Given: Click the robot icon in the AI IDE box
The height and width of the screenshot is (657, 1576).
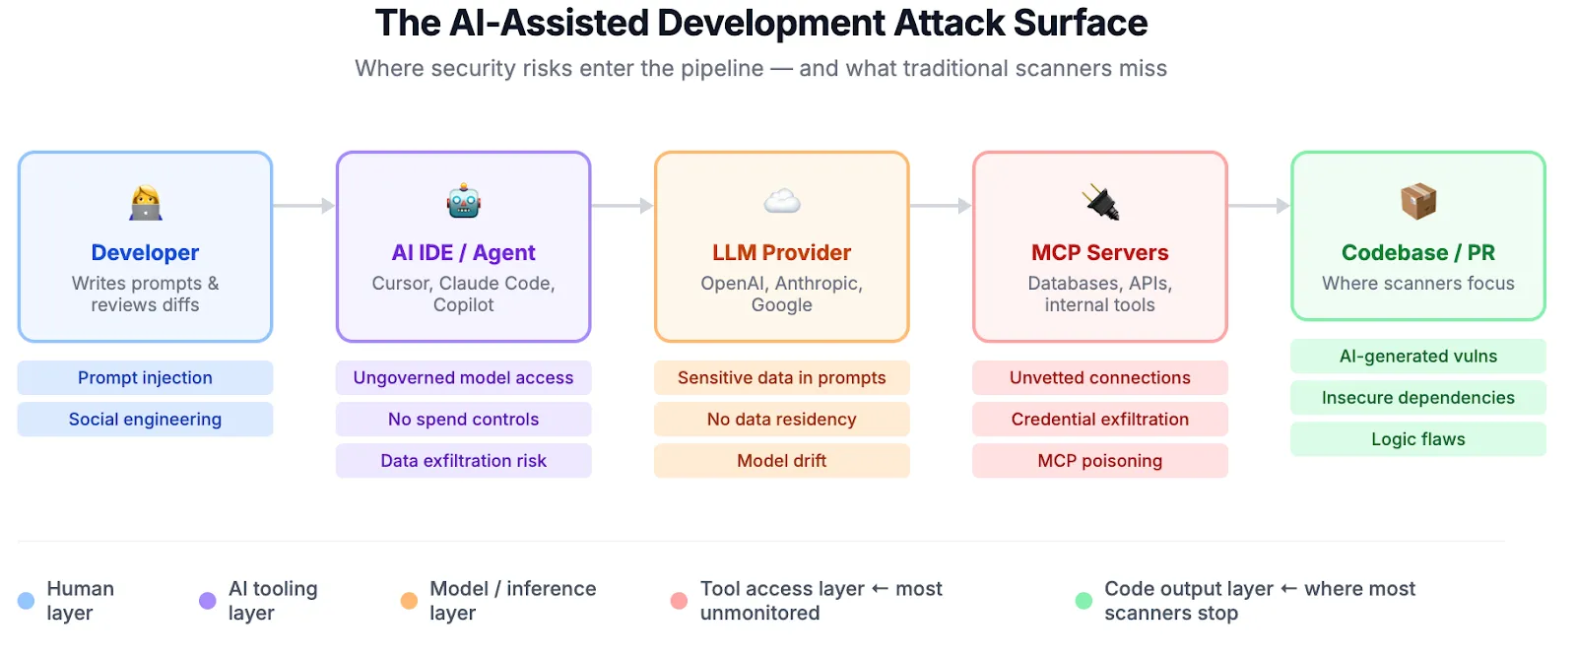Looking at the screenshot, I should (x=463, y=202).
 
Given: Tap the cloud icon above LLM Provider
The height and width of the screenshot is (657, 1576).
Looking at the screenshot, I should (x=781, y=202).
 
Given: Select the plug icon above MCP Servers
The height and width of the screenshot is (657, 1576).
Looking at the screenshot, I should (x=1100, y=202).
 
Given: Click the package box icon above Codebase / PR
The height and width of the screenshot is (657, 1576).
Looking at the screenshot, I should (x=1418, y=201).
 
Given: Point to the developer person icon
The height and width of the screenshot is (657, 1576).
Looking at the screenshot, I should (x=146, y=202).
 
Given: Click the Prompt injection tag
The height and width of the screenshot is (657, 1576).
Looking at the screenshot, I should (x=145, y=377).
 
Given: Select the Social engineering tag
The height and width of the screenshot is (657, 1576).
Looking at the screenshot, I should (x=145, y=419).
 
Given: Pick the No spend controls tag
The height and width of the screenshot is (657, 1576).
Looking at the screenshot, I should (x=463, y=419).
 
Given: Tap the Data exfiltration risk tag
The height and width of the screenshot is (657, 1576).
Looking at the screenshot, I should (x=463, y=460).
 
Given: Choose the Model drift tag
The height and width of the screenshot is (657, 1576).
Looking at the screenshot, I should (x=781, y=460).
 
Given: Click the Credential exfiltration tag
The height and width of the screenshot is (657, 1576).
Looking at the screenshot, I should (x=1099, y=419).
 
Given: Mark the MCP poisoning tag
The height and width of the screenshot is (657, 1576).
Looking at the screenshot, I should (x=1099, y=460).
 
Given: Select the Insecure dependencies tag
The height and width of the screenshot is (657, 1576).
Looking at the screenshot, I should (x=1417, y=397).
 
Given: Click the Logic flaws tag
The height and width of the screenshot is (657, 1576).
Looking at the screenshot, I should (x=1417, y=438).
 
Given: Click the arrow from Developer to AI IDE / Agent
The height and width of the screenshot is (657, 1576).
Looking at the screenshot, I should (x=304, y=206).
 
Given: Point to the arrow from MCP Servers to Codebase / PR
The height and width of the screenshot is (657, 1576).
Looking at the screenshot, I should (x=1259, y=206).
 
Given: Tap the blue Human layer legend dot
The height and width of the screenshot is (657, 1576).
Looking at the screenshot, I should (x=27, y=601).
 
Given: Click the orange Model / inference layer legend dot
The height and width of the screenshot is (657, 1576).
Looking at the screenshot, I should (x=409, y=601).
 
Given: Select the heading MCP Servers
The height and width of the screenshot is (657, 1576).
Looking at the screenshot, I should (x=1099, y=252).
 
